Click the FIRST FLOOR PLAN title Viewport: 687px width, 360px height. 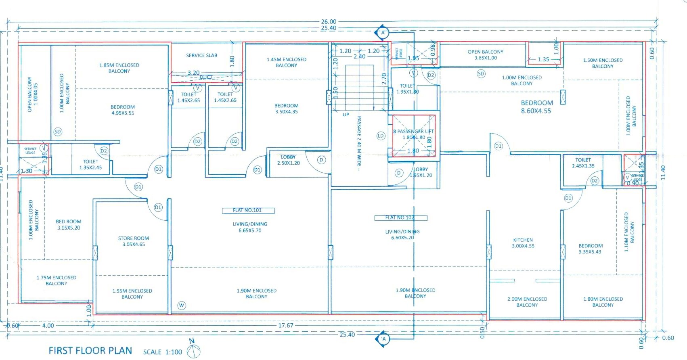tap(90, 351)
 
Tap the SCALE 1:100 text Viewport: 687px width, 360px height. tap(162, 352)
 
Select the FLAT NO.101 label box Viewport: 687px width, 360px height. tap(248, 210)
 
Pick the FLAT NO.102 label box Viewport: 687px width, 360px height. tap(400, 218)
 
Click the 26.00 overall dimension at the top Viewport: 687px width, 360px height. tap(329, 22)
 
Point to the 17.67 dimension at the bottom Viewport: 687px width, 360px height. tap(286, 325)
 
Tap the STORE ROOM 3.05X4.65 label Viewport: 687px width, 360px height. tap(134, 241)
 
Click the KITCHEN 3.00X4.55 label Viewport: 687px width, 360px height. tap(523, 243)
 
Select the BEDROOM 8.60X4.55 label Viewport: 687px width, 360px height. tap(536, 107)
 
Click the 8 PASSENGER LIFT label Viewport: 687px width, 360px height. tap(414, 132)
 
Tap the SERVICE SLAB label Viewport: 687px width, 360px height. tap(201, 55)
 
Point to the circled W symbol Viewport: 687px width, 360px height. tap(182, 306)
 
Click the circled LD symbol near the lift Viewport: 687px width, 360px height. tap(381, 136)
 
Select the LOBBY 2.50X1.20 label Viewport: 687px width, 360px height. tap(288, 160)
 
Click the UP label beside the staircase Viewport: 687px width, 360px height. tap(346, 115)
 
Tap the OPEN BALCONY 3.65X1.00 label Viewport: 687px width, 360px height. tap(486, 55)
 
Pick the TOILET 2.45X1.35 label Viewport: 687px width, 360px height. tap(583, 163)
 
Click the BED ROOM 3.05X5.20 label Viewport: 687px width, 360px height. tap(69, 225)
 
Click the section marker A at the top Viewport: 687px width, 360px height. tap(383, 33)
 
